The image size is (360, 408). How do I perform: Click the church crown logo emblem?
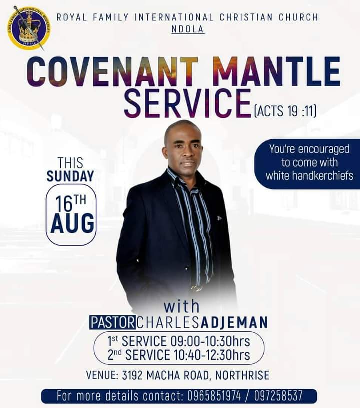[29, 28]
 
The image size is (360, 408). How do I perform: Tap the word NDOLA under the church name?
[188, 29]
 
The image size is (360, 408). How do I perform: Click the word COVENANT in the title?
[112, 71]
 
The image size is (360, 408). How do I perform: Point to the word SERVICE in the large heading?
[188, 103]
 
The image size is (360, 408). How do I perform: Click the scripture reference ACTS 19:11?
[285, 111]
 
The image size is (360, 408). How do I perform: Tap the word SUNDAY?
[70, 176]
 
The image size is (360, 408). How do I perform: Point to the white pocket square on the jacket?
[219, 218]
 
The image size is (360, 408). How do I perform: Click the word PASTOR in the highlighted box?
[112, 322]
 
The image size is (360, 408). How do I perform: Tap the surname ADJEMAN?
[234, 322]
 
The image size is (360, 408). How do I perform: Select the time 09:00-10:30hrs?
[210, 341]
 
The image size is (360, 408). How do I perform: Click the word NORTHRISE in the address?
[242, 375]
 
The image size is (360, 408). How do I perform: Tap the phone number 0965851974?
[214, 396]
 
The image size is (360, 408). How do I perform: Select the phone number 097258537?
[278, 396]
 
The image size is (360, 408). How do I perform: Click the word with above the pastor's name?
[182, 306]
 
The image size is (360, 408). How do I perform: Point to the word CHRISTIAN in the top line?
[246, 17]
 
